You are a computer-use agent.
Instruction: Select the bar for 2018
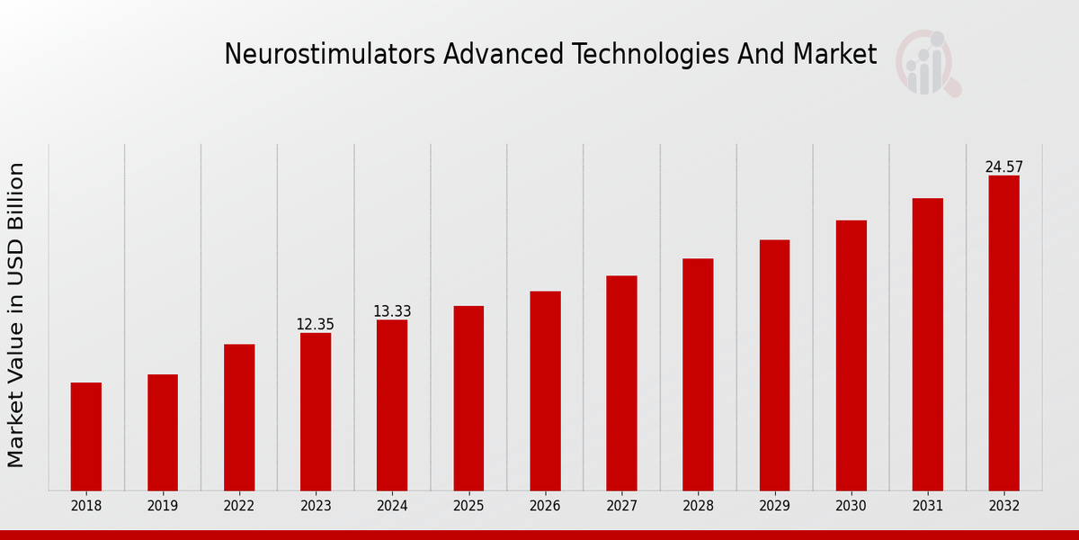tap(86, 436)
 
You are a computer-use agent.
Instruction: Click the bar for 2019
tap(163, 432)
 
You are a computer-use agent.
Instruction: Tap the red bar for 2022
tap(239, 417)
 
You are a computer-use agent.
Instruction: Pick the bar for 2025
tap(468, 398)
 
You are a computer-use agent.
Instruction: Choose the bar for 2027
tap(621, 382)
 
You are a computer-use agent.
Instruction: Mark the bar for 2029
tap(774, 364)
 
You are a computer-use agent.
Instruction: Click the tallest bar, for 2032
tap(1003, 333)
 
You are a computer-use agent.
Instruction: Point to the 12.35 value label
tap(316, 324)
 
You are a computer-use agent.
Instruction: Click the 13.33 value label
tap(392, 311)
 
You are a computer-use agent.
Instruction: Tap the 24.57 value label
tap(1003, 166)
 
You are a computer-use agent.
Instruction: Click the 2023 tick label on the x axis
tap(316, 506)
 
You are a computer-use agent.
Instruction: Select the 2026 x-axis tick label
tap(545, 506)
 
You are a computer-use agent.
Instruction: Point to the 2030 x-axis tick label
tap(851, 506)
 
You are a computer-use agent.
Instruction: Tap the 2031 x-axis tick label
tap(927, 506)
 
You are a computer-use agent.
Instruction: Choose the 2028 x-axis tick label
tap(698, 506)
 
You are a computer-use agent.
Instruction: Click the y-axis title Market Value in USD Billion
tap(16, 315)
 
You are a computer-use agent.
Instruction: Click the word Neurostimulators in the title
tap(330, 54)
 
